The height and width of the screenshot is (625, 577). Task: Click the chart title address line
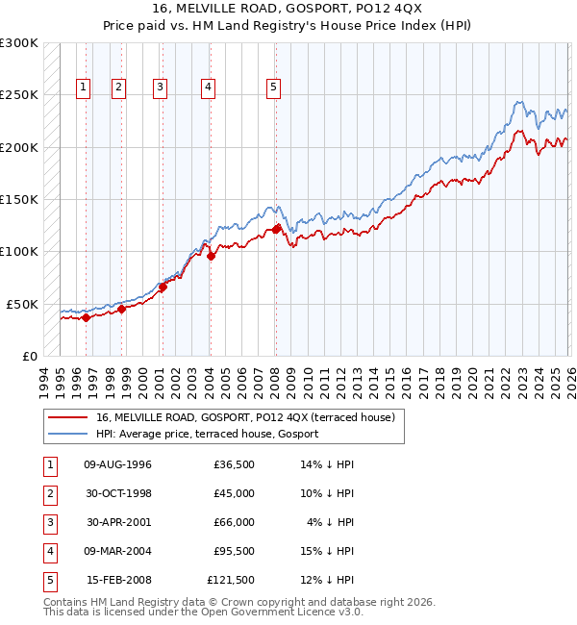(288, 9)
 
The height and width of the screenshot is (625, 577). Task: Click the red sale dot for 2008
(276, 229)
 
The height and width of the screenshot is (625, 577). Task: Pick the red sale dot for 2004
(211, 256)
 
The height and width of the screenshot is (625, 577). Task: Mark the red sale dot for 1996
(86, 317)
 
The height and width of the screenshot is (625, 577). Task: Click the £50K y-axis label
(21, 304)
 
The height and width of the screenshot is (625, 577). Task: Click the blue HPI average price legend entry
(213, 434)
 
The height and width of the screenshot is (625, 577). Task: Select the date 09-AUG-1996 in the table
(118, 464)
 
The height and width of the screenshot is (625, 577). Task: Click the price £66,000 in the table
(232, 522)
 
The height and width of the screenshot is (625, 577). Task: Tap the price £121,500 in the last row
(231, 580)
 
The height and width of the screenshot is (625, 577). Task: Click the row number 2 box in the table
(49, 493)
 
